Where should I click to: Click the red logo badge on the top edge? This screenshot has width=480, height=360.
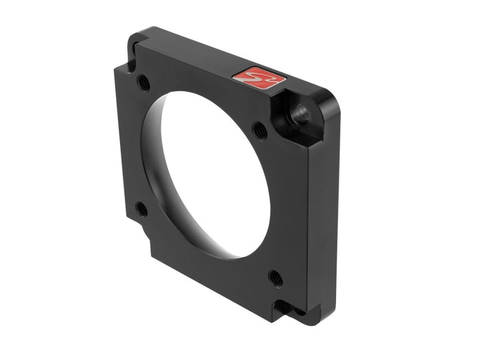coord(259,78)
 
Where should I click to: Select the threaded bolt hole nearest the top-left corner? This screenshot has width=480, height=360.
coord(143,83)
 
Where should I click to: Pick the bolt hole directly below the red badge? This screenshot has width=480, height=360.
coord(260,130)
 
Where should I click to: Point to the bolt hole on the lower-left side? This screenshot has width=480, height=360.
coord(142,209)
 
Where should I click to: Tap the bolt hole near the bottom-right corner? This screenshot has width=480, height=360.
coord(275,277)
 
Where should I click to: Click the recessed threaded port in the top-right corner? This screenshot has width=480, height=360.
coord(299,111)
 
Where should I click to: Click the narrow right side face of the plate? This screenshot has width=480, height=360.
coord(323,213)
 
